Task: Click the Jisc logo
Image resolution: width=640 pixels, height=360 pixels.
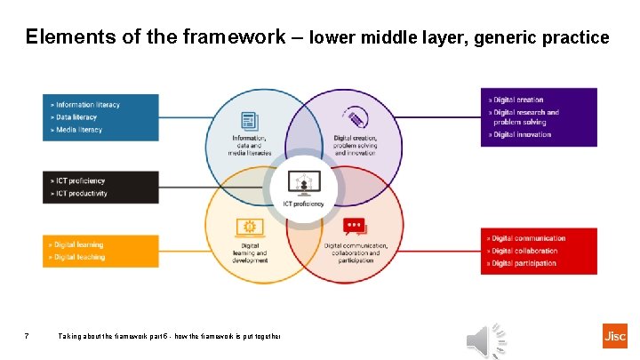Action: (x=614, y=336)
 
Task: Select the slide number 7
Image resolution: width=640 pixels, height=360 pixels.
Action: (x=28, y=336)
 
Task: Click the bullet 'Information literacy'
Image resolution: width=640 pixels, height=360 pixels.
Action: (x=87, y=105)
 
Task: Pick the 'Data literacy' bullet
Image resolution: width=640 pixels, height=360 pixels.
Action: (x=76, y=117)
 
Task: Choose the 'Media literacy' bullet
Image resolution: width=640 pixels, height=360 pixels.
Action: (x=78, y=130)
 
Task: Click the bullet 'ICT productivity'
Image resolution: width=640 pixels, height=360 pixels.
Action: (x=81, y=194)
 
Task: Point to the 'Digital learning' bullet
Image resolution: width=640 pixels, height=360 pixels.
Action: (x=78, y=244)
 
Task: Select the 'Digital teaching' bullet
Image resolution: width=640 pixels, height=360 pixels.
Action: (x=79, y=257)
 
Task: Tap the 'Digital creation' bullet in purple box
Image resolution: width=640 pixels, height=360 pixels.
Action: (x=518, y=100)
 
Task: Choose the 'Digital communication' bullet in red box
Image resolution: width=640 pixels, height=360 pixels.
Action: (x=529, y=238)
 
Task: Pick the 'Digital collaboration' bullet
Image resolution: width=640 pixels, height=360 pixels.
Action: (x=525, y=251)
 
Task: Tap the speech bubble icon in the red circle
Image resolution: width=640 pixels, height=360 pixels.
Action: (x=354, y=228)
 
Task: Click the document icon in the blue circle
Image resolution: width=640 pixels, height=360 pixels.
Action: (x=251, y=120)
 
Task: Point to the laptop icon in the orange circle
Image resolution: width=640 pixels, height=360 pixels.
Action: (x=250, y=228)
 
